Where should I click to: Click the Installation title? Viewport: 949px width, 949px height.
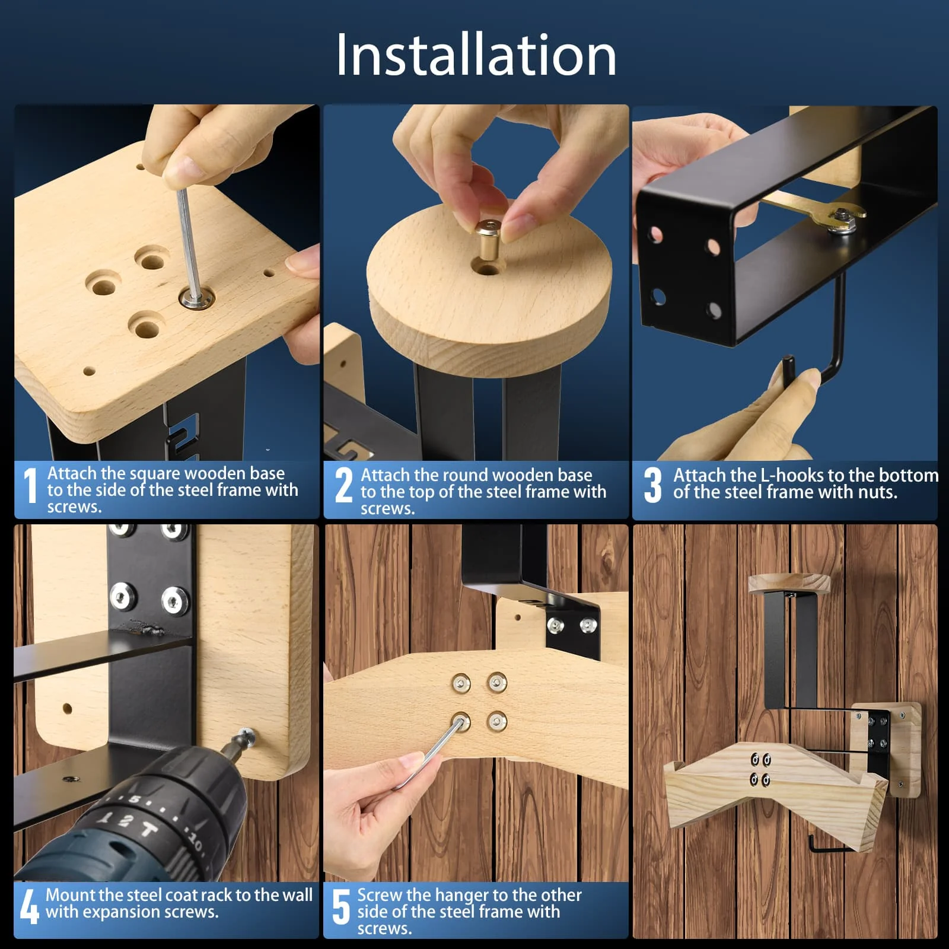click(476, 55)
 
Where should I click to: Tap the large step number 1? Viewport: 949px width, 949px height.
click(30, 485)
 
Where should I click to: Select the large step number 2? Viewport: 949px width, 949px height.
click(343, 485)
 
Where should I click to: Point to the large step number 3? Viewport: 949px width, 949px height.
click(652, 485)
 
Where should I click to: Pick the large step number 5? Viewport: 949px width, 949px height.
click(341, 906)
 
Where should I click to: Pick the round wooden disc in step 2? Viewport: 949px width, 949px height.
click(489, 284)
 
